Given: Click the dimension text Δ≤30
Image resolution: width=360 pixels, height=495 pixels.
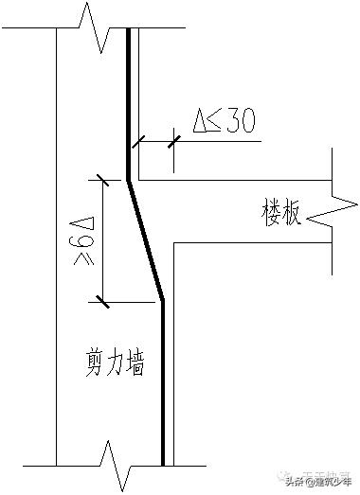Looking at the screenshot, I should click(x=225, y=123).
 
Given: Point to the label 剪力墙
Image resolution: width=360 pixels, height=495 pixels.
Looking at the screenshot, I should click(x=113, y=362).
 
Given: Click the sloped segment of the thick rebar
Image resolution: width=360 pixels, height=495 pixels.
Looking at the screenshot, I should click(x=146, y=239).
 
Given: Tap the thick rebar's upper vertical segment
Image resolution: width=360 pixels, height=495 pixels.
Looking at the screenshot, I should click(x=129, y=104).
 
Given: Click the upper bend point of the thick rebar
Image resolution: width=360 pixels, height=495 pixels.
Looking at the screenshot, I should click(x=129, y=179).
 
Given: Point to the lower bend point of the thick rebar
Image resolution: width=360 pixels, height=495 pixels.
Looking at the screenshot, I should click(x=163, y=301).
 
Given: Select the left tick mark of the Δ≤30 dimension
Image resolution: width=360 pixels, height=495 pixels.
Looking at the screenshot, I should click(x=137, y=142).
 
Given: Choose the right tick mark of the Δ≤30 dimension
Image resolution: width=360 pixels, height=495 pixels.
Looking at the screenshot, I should click(x=173, y=142).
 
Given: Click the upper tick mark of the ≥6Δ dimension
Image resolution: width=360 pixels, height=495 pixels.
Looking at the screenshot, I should click(x=99, y=178).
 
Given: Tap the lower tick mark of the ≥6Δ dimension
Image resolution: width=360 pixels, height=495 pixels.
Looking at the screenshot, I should click(x=99, y=302).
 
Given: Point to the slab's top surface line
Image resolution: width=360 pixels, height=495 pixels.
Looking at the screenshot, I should click(x=237, y=179).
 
